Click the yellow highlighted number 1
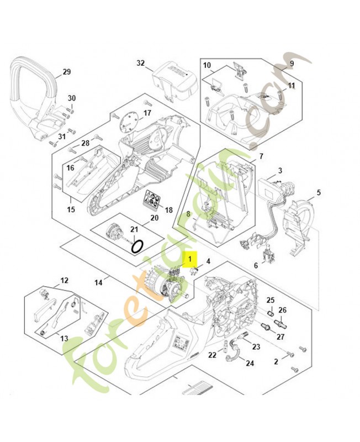190,257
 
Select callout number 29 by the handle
66,72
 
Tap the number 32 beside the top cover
140,63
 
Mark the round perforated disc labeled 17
131,120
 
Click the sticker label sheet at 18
152,200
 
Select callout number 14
98,282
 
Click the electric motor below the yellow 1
166,285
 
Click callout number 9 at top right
292,64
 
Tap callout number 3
280,171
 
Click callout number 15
71,209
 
